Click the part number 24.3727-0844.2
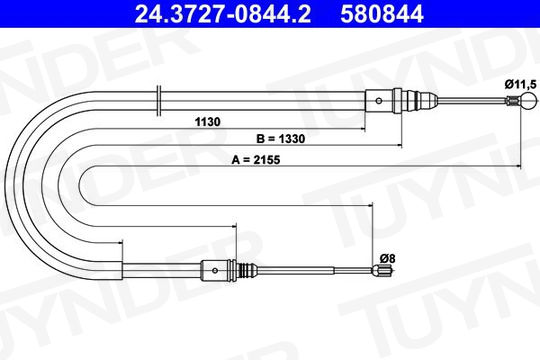click(222, 14)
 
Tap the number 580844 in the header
click(382, 14)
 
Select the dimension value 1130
click(207, 122)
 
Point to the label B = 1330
click(281, 139)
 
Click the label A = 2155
click(256, 160)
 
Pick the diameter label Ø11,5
click(521, 84)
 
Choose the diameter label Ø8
click(387, 258)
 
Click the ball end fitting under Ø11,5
click(529, 101)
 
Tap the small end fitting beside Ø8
click(383, 270)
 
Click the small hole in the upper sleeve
click(379, 101)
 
